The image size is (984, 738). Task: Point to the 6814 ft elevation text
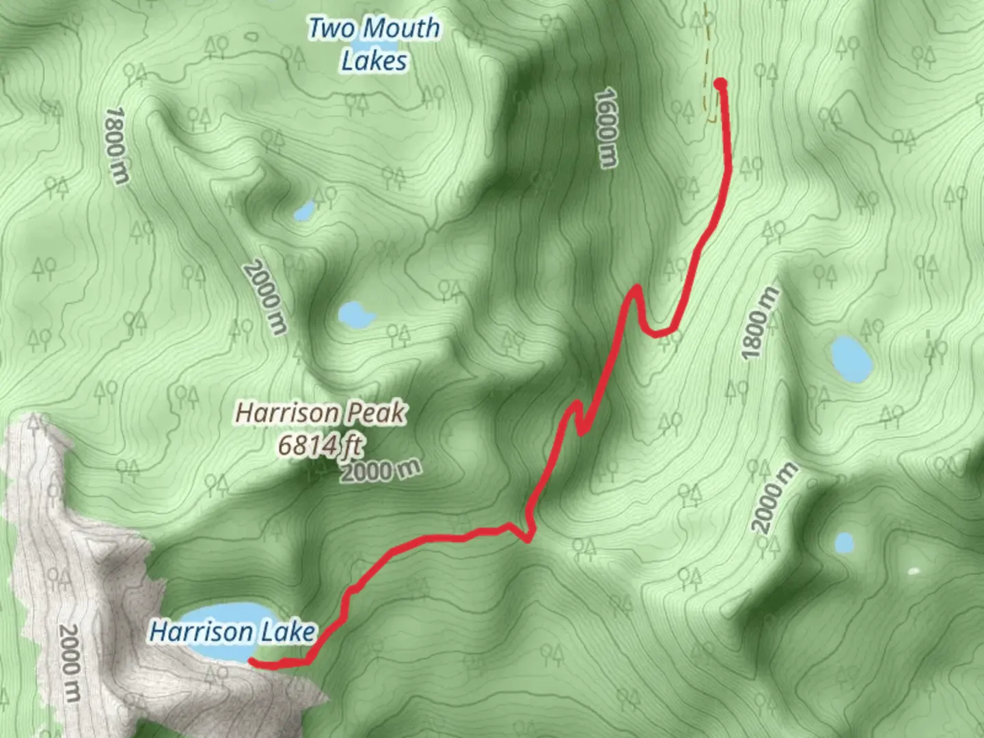[320, 446]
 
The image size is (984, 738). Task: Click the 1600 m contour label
[606, 127]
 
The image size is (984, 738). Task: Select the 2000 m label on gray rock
[70, 663]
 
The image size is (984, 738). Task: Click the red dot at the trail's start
[720, 84]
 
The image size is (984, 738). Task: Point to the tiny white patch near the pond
[913, 571]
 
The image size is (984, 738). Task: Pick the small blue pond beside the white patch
[845, 543]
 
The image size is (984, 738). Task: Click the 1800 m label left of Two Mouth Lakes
[117, 145]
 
